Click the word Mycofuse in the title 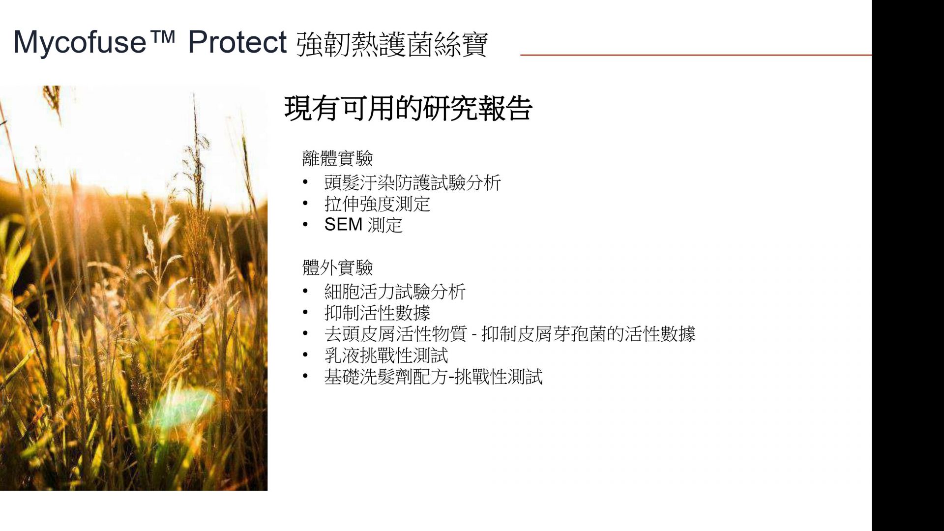(80, 43)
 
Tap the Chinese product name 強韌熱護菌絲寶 (392, 44)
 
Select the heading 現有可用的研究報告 (408, 108)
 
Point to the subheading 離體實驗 (337, 158)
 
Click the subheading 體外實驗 (337, 267)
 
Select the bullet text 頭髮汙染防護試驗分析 (413, 183)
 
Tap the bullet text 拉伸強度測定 (377, 204)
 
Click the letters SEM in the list (343, 225)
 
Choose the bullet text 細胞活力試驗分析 (395, 292)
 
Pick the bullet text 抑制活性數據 (377, 313)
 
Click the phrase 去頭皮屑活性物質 (395, 334)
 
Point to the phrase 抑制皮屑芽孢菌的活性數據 (588, 334)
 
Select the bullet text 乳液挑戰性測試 (386, 355)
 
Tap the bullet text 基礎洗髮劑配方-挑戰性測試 (433, 377)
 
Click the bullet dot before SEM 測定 (305, 225)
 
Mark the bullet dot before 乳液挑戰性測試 (305, 355)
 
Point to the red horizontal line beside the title (696, 55)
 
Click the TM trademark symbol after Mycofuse (161, 35)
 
